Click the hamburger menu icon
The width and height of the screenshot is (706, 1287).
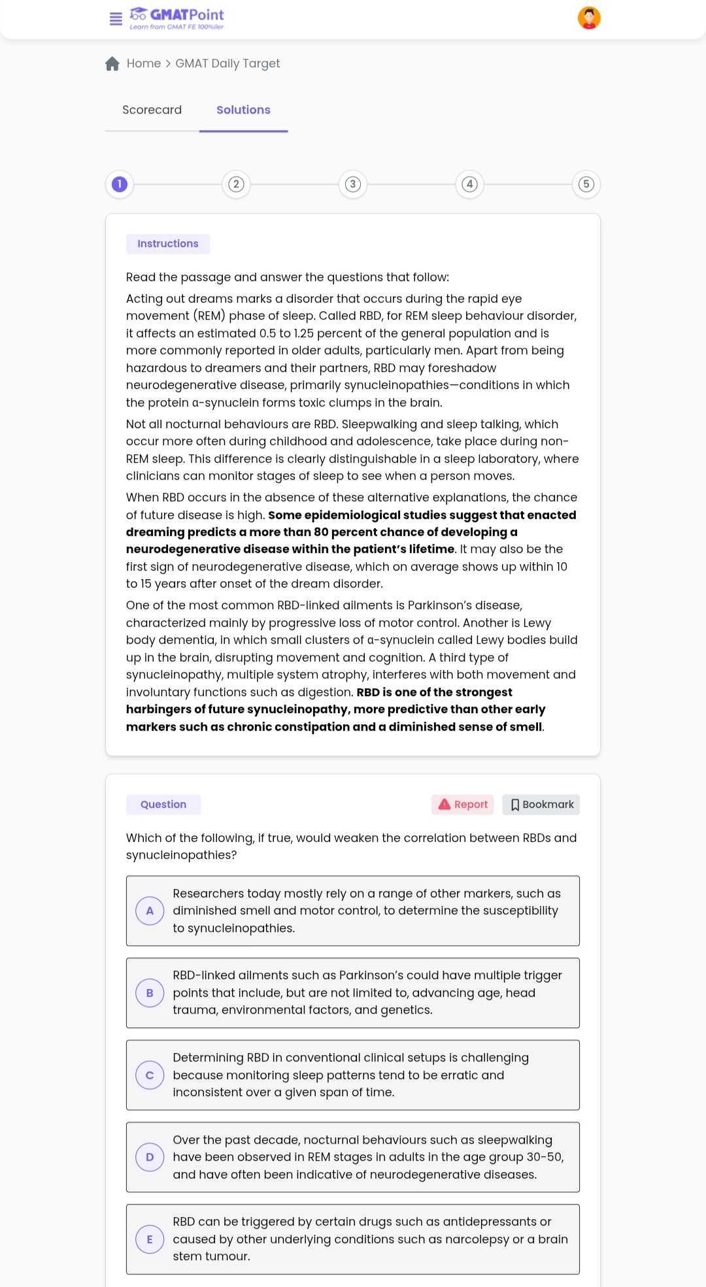click(x=116, y=19)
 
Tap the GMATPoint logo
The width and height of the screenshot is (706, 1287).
click(x=177, y=18)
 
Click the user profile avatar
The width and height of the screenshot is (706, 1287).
click(x=589, y=18)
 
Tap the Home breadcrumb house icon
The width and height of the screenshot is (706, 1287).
click(x=112, y=63)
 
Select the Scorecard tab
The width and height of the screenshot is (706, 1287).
click(x=152, y=110)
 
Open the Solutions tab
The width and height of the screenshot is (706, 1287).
click(x=243, y=110)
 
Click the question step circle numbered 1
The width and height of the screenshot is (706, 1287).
click(x=120, y=184)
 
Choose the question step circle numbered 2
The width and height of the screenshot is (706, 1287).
click(x=236, y=184)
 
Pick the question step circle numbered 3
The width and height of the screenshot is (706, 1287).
click(x=353, y=184)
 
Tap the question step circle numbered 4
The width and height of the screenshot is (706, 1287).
click(x=469, y=184)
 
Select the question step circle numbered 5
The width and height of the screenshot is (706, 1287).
click(x=586, y=184)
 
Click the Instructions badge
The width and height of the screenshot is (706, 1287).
click(x=168, y=244)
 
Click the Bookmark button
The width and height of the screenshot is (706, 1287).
click(x=541, y=805)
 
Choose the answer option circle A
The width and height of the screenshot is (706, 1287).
click(x=150, y=911)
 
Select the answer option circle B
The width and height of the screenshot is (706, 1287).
click(x=150, y=993)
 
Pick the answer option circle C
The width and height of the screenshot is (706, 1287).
click(x=150, y=1075)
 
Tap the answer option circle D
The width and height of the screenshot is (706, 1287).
click(x=150, y=1157)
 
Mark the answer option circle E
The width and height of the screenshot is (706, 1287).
click(x=150, y=1239)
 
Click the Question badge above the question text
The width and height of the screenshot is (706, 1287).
click(x=163, y=805)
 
